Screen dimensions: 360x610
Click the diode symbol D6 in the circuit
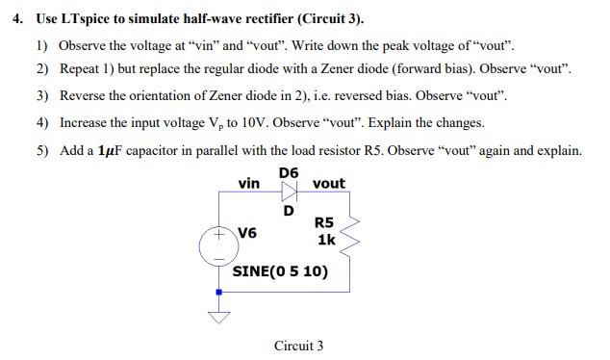pyautogui.click(x=289, y=192)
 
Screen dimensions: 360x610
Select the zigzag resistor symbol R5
pyautogui.click(x=349, y=231)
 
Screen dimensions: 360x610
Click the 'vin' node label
pyautogui.click(x=248, y=182)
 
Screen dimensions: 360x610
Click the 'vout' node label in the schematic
pyautogui.click(x=329, y=183)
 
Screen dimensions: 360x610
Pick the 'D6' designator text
pyautogui.click(x=289, y=172)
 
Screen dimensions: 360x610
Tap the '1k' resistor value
pyautogui.click(x=326, y=239)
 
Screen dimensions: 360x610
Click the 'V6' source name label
pyautogui.click(x=246, y=233)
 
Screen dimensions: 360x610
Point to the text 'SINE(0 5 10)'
pyautogui.click(x=280, y=270)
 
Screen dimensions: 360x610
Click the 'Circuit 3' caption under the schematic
pyautogui.click(x=298, y=345)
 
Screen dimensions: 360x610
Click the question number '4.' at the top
pyautogui.click(x=17, y=19)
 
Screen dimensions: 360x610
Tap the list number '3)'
pyautogui.click(x=42, y=96)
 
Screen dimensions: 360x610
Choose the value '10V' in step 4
pyautogui.click(x=255, y=123)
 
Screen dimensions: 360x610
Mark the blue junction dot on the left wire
pyautogui.click(x=219, y=291)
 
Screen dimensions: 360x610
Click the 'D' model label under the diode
pyautogui.click(x=287, y=210)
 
